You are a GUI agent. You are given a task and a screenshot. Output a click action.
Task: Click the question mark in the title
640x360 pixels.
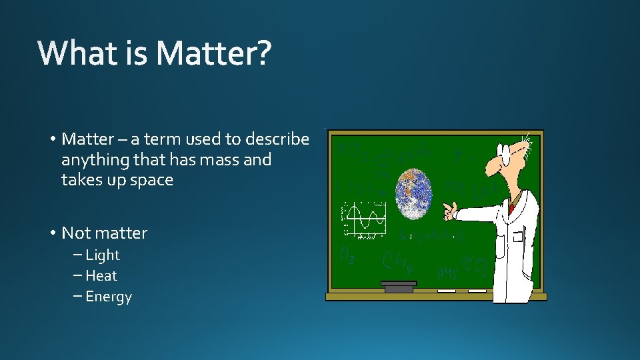click(x=263, y=53)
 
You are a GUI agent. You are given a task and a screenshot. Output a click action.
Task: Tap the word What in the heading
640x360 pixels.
click(x=77, y=53)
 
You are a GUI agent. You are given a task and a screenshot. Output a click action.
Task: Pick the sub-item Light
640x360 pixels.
click(x=102, y=255)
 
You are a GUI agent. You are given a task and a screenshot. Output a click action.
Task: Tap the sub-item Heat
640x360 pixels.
click(x=101, y=276)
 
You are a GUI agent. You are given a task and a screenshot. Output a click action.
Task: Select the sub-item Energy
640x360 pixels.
click(x=109, y=297)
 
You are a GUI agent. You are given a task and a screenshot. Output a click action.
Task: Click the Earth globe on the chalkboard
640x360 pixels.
click(x=414, y=193)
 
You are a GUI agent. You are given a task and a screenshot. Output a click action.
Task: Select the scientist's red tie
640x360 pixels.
click(x=511, y=207)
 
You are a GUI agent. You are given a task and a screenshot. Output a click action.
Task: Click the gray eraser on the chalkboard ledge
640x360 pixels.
click(x=399, y=287)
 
